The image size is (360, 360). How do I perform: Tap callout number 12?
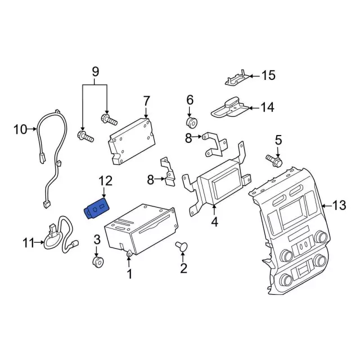click(x=105, y=181)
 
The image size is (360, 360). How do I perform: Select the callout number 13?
click(x=339, y=206)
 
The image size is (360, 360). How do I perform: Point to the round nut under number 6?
click(x=191, y=123)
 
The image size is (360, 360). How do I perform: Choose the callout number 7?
click(x=146, y=101)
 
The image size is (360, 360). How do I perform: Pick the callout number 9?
click(x=95, y=71)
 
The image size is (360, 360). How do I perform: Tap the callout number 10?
click(x=20, y=130)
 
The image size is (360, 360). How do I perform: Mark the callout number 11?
click(x=29, y=243)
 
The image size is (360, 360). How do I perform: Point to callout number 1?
click(x=129, y=274)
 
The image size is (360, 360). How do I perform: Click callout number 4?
click(x=214, y=222)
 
